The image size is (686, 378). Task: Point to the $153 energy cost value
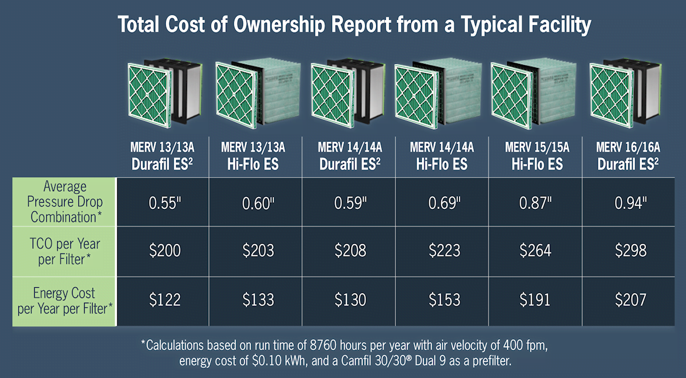coord(441,300)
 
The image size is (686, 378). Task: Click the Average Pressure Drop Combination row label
coord(65,202)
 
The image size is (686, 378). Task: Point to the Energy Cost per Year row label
coord(65,301)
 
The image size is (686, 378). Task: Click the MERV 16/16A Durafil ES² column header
coord(628,156)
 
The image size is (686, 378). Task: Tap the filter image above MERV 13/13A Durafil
coord(163,93)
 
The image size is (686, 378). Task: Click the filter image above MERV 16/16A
coord(624,93)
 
